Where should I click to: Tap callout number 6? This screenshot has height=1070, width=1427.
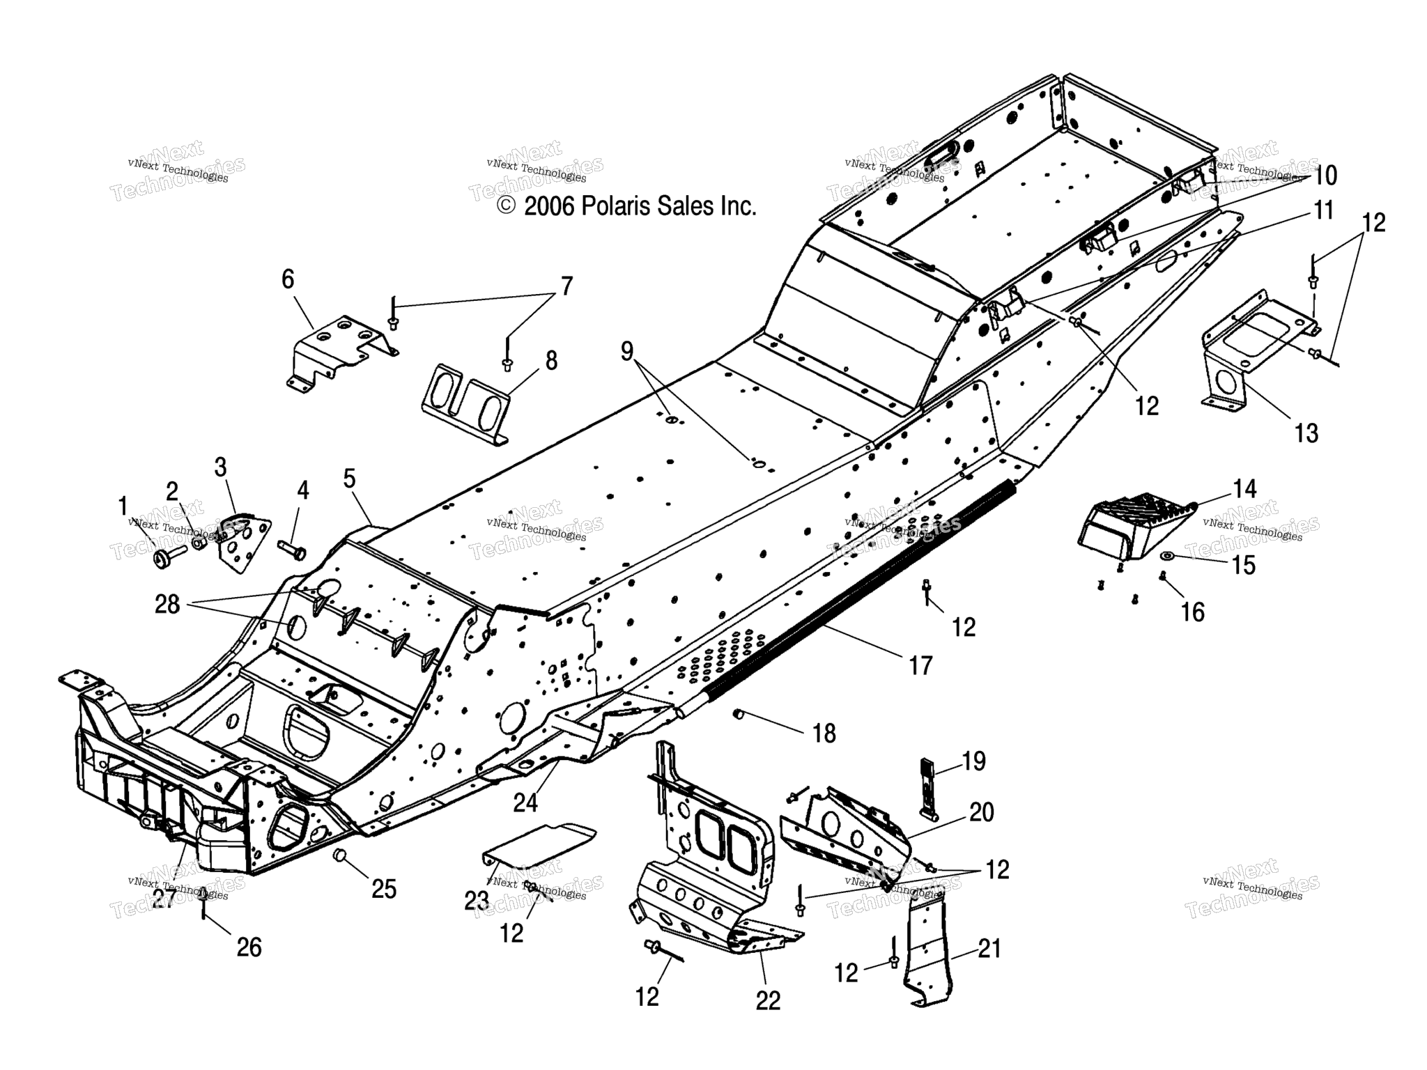pos(288,279)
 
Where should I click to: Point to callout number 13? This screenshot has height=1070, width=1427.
pos(1306,433)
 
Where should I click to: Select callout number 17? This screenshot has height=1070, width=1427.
pos(920,665)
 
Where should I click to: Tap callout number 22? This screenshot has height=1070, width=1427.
pos(769,1001)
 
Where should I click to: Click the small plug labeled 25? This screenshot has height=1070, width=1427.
pos(341,855)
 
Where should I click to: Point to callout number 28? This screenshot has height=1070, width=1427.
pos(167,605)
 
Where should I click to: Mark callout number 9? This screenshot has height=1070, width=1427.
pos(627,352)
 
